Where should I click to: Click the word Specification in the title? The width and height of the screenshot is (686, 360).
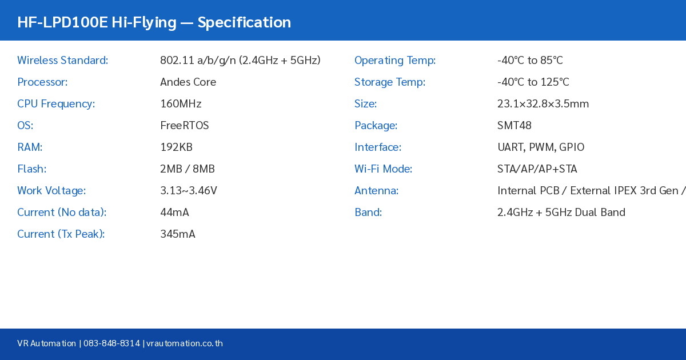[244, 22]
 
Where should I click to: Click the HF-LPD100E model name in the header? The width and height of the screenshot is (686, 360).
[62, 22]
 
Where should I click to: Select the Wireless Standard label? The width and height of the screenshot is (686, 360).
[62, 61]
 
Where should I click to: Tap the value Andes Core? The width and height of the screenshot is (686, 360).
[188, 82]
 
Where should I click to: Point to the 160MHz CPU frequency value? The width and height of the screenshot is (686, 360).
[181, 104]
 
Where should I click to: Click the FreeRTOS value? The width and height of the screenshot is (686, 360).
[185, 126]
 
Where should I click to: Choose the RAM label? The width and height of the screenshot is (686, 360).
[30, 147]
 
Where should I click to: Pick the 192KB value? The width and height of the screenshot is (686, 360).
[176, 147]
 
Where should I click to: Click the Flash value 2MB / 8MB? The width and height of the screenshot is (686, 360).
[188, 169]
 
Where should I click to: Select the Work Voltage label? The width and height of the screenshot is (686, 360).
[51, 191]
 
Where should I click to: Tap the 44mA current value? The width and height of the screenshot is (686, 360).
[174, 213]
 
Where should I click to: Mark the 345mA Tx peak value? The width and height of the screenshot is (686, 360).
[178, 234]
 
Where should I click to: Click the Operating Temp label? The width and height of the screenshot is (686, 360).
[395, 61]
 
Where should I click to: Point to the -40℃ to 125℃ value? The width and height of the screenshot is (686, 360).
[533, 82]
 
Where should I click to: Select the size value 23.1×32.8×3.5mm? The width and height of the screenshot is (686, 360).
[543, 104]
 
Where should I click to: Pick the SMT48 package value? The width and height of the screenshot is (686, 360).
[514, 126]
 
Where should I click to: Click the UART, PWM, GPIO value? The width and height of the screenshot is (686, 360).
[541, 147]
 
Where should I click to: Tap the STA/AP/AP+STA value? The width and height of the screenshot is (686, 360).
[537, 169]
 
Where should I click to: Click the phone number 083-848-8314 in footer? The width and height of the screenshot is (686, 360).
[111, 343]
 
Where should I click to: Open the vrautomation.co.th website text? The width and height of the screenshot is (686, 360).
[185, 343]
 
